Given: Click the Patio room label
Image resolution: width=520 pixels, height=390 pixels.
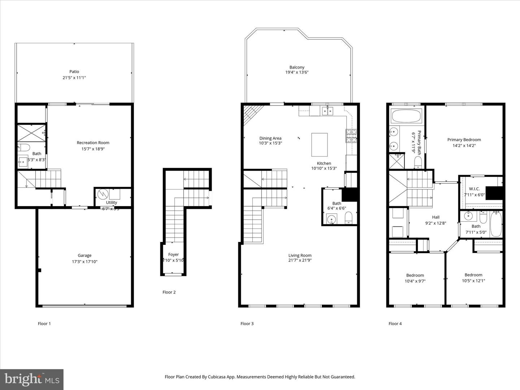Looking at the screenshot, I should [x=74, y=71].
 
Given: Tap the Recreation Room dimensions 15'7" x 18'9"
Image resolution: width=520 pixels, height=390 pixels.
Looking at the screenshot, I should [x=93, y=149].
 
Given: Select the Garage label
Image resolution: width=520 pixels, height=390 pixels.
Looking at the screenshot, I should [x=84, y=255].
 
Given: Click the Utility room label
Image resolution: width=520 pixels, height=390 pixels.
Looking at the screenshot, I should [x=111, y=203].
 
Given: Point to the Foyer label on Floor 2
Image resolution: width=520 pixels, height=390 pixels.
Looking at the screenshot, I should [x=173, y=255].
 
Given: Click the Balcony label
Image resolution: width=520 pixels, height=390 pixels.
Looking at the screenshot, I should [x=297, y=67].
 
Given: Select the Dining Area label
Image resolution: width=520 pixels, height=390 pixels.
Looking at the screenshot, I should [x=270, y=138].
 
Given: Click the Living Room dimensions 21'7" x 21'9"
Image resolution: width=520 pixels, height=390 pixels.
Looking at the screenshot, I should [x=300, y=260].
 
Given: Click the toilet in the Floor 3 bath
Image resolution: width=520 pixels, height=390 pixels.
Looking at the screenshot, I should [x=348, y=218].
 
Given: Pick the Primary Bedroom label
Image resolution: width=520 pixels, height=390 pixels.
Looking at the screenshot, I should [x=464, y=140].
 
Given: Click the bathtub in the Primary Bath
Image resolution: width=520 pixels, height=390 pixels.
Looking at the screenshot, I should [x=406, y=116].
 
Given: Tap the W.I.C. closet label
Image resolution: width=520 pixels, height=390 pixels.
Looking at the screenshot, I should [x=474, y=189].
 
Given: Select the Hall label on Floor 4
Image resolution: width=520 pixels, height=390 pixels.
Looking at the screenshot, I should [x=436, y=217].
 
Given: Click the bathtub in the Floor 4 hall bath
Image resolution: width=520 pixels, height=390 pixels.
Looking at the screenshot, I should [x=496, y=224].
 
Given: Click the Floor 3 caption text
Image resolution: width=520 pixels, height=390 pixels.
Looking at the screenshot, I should [x=247, y=324].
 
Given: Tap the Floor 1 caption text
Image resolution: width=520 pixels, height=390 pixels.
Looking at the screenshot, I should [x=44, y=324].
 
